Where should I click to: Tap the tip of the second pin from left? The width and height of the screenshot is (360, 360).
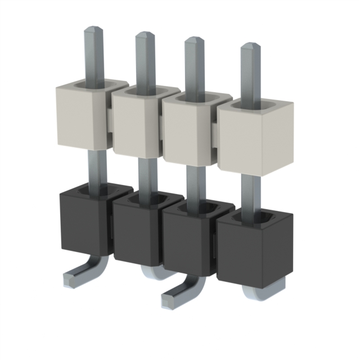[x=144, y=36]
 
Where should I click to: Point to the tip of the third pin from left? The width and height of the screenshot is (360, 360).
[x=194, y=41]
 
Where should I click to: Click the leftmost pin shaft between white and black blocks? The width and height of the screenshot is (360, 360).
[x=96, y=169]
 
